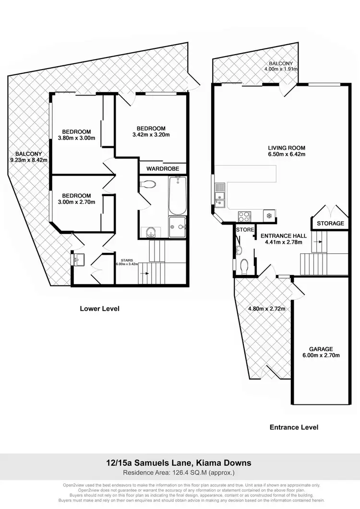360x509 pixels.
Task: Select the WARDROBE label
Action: click(162, 169)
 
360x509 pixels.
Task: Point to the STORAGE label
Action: click(330, 224)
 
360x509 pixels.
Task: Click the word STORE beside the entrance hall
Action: click(245, 230)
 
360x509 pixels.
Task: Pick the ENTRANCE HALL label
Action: click(283, 236)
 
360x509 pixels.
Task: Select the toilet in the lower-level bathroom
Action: click(148, 184)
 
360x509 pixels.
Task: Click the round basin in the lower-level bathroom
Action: click(152, 233)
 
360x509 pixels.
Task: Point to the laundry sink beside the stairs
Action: click(79, 260)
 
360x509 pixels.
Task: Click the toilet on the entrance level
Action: click(243, 265)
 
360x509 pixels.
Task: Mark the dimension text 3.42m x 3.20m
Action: click(151, 135)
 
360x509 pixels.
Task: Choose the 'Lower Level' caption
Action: click(99, 308)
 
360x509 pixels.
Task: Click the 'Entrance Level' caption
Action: click(294, 427)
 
